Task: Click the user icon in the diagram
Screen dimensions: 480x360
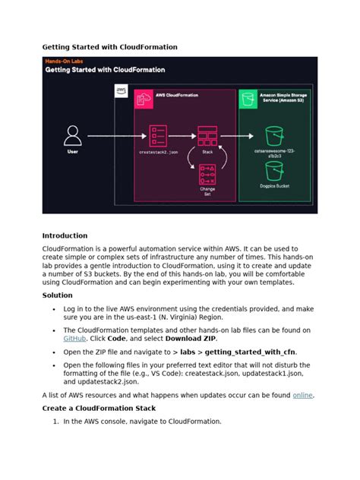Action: [x=73, y=136]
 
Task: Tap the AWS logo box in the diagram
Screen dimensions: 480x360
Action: [x=122, y=92]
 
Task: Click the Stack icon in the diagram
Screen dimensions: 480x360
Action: [x=207, y=137]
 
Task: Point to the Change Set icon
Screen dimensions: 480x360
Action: [x=207, y=174]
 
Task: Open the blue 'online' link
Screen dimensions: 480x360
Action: [x=302, y=396]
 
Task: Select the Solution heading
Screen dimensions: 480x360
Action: [x=58, y=295]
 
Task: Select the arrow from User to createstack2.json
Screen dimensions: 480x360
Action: [x=114, y=137]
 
